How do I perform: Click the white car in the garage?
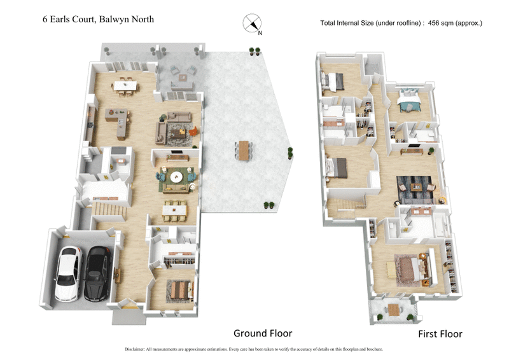68,273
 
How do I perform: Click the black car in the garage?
97,273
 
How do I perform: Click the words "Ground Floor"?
262,333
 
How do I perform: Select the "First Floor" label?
440,333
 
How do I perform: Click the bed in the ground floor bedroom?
180,289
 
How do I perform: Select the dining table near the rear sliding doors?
129,84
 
